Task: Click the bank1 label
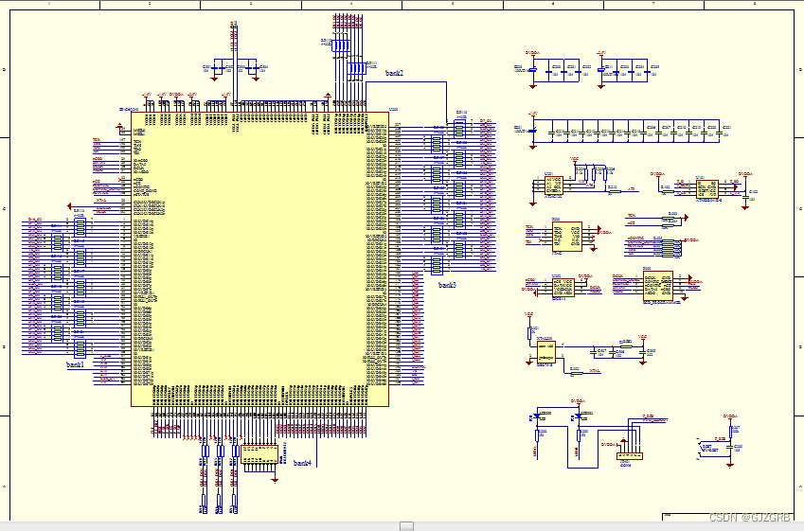pos(75,363)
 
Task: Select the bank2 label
pos(394,73)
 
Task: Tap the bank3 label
pos(447,284)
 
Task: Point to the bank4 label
pos(302,463)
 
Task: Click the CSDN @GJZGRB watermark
pos(750,518)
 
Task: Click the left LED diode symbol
pos(538,416)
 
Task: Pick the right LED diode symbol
pos(579,416)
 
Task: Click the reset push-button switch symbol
pos(707,446)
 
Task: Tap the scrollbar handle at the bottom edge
pos(406,526)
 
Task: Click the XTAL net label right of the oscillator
pos(595,372)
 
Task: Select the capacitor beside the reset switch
pos(737,445)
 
